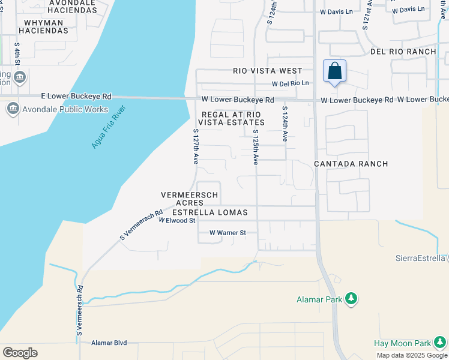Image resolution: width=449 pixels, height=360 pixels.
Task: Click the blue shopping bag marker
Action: click(x=334, y=71)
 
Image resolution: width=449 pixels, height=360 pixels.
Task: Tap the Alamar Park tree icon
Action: click(x=352, y=299)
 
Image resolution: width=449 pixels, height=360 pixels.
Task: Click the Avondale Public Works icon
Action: click(x=12, y=109)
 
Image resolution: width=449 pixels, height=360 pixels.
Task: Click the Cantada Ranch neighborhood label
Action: click(x=351, y=164)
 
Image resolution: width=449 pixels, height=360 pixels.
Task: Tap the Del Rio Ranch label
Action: click(x=403, y=52)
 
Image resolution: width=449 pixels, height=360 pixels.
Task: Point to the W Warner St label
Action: click(x=228, y=233)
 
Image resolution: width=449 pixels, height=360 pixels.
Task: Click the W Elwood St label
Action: click(x=177, y=221)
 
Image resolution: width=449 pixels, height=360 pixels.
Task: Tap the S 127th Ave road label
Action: click(x=196, y=147)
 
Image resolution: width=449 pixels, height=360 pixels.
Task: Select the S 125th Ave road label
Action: click(x=255, y=147)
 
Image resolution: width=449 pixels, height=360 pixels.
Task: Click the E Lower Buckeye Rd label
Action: click(x=76, y=96)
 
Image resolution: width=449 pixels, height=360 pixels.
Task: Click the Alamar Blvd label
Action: click(x=109, y=343)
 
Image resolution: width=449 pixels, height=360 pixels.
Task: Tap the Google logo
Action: click(x=20, y=353)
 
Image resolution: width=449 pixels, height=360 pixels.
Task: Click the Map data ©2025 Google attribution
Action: click(x=412, y=355)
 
